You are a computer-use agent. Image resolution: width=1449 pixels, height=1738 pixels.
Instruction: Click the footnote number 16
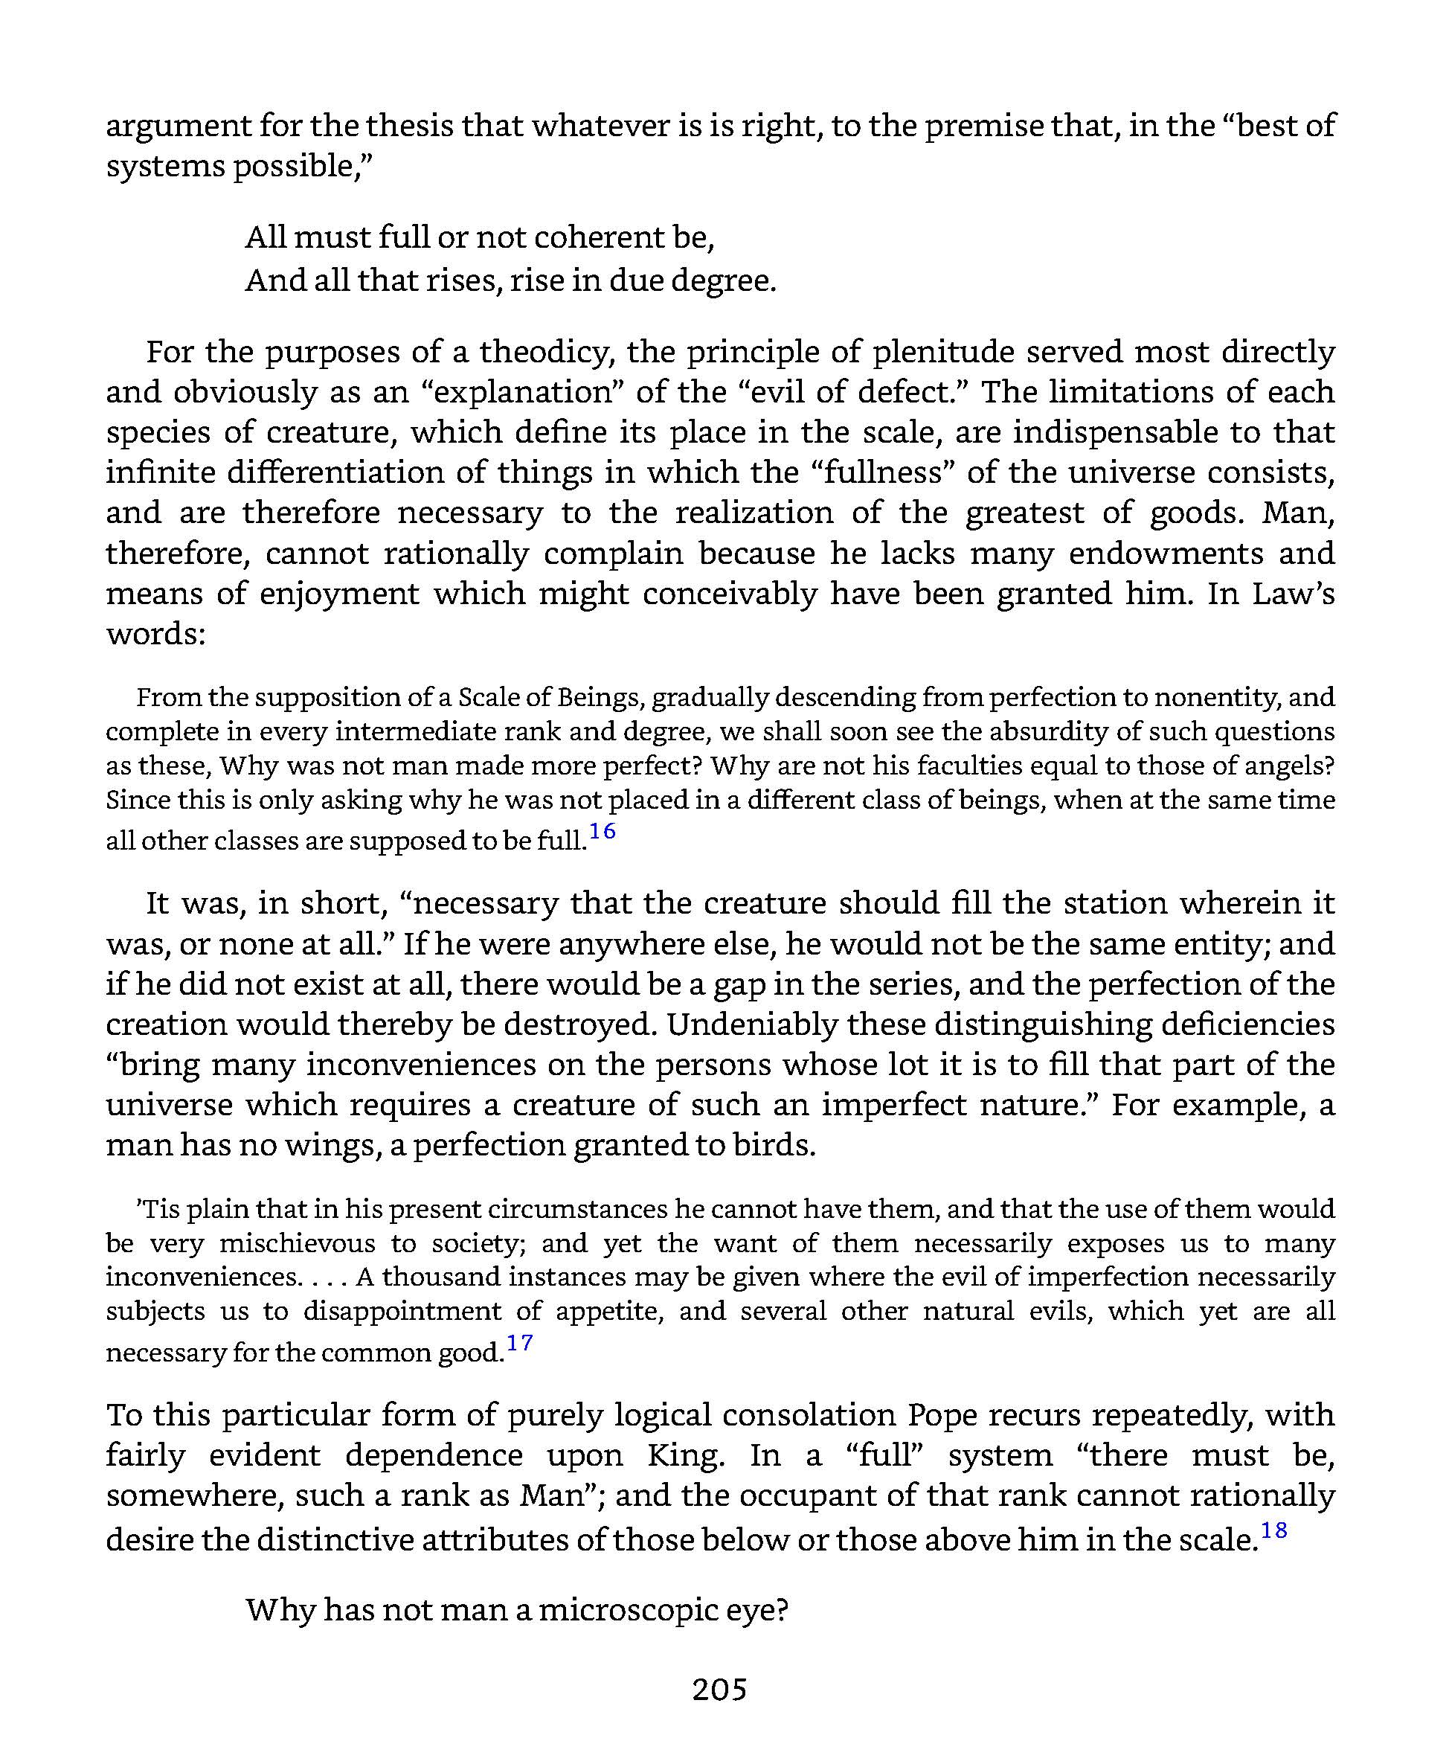(603, 831)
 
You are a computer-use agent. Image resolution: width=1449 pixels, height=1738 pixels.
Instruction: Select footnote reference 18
(1273, 1530)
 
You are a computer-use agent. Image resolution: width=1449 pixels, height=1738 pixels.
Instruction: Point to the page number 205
(720, 1689)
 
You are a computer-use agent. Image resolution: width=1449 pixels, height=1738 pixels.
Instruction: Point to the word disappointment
(402, 1311)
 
